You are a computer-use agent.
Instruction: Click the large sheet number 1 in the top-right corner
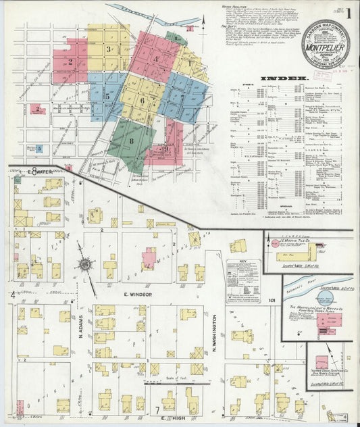[x=349, y=11]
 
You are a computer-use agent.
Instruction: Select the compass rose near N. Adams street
[x=84, y=264]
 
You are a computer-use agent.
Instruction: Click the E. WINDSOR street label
[x=137, y=295]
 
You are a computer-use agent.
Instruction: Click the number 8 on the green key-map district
[x=132, y=141]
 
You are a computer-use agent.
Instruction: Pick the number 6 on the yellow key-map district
[x=142, y=101]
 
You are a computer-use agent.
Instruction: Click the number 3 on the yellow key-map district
[x=109, y=49]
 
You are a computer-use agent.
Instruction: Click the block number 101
[x=272, y=300]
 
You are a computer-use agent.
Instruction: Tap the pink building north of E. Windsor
[x=148, y=257]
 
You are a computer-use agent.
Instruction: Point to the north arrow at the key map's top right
[x=190, y=28]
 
